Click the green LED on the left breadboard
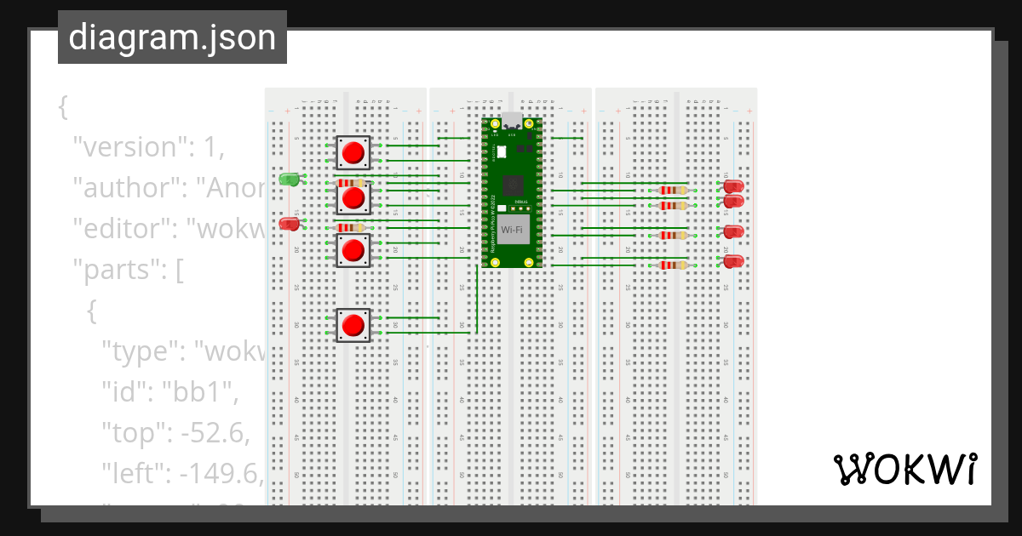tap(290, 180)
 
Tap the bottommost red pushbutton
tap(353, 325)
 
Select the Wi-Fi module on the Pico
tap(513, 230)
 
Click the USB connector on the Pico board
tap(513, 121)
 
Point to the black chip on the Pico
tap(513, 185)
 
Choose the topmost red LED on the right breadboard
tap(733, 186)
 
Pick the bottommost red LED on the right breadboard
tap(733, 261)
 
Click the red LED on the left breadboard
tap(290, 224)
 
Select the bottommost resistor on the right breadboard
tap(674, 265)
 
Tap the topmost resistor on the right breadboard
tap(674, 191)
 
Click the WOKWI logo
tap(904, 469)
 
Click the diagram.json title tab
tap(172, 37)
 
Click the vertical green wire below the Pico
tap(477, 298)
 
